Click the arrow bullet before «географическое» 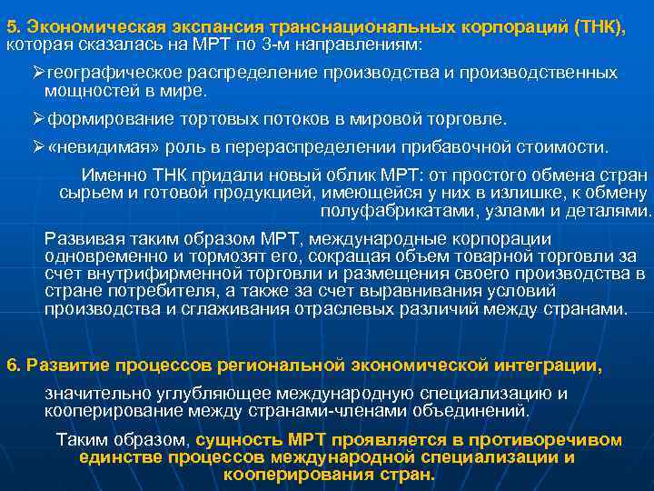tap(38, 73)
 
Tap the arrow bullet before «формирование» tap(38, 119)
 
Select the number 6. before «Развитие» tap(14, 366)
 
